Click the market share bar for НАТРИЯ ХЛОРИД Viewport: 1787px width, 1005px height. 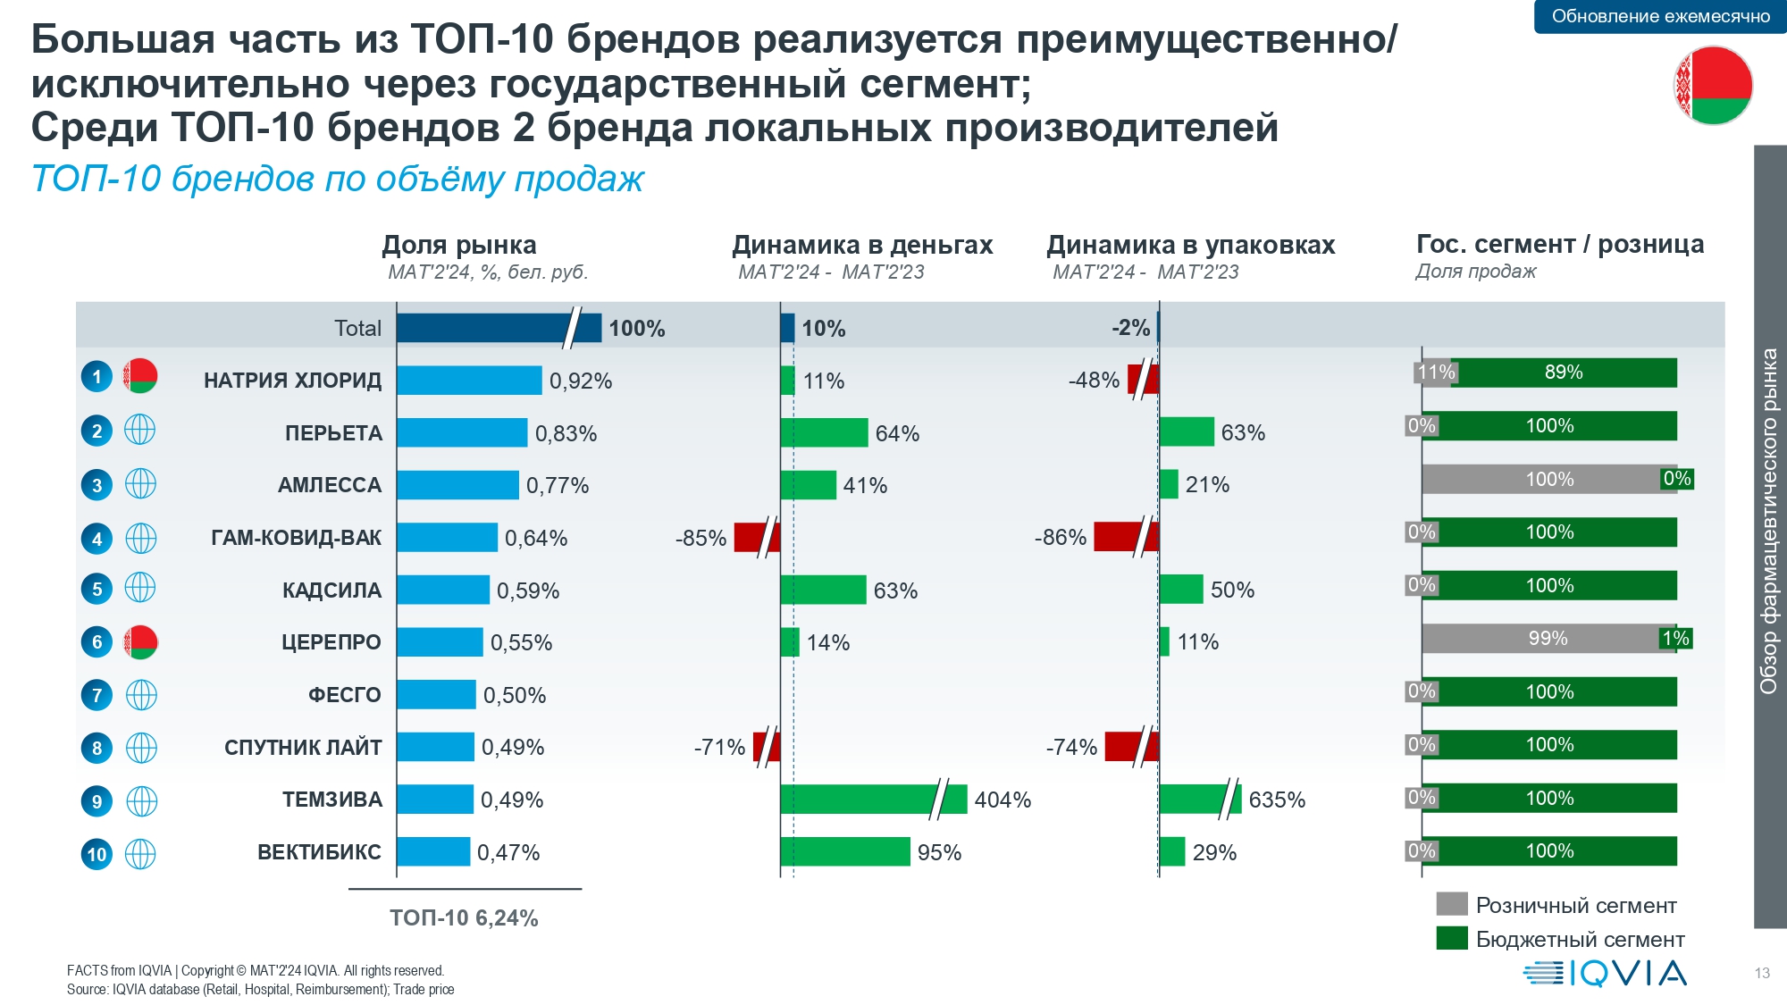(469, 381)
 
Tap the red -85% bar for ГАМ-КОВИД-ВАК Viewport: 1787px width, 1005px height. (756, 538)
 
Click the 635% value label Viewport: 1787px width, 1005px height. (1277, 800)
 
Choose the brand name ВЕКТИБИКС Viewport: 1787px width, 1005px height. (319, 852)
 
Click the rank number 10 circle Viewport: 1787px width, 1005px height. (96, 854)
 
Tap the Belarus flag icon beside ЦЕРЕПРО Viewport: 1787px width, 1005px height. (140, 641)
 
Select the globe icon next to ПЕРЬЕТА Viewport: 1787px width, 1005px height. (140, 431)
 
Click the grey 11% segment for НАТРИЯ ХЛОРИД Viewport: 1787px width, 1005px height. (1435, 373)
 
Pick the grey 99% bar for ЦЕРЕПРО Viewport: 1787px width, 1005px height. (1547, 639)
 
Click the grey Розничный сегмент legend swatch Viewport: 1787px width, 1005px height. (1452, 904)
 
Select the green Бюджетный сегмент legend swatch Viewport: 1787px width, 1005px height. (1452, 938)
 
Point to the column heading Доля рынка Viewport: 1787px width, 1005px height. (459, 245)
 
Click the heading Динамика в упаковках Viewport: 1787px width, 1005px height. (1190, 245)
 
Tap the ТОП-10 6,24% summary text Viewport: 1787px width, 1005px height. (464, 918)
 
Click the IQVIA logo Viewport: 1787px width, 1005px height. (1605, 973)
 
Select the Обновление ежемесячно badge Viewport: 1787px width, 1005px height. (1660, 16)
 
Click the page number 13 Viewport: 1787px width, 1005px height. (1762, 973)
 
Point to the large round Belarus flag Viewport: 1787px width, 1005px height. (1713, 85)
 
